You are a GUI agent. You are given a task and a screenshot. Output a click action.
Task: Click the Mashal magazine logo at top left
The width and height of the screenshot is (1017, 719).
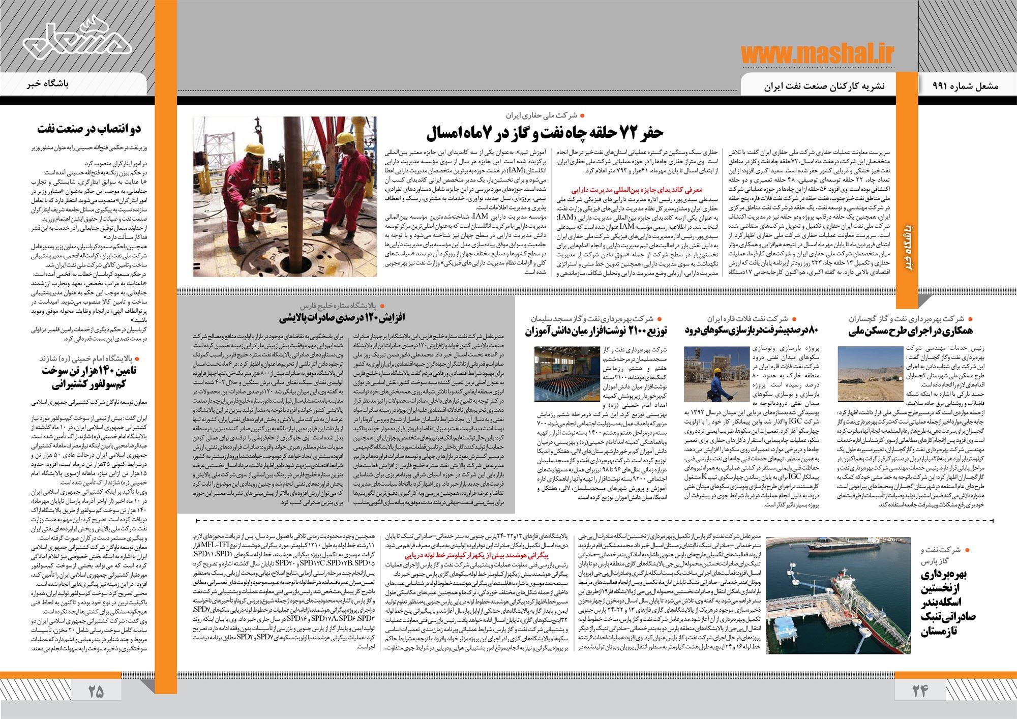tap(76, 41)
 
